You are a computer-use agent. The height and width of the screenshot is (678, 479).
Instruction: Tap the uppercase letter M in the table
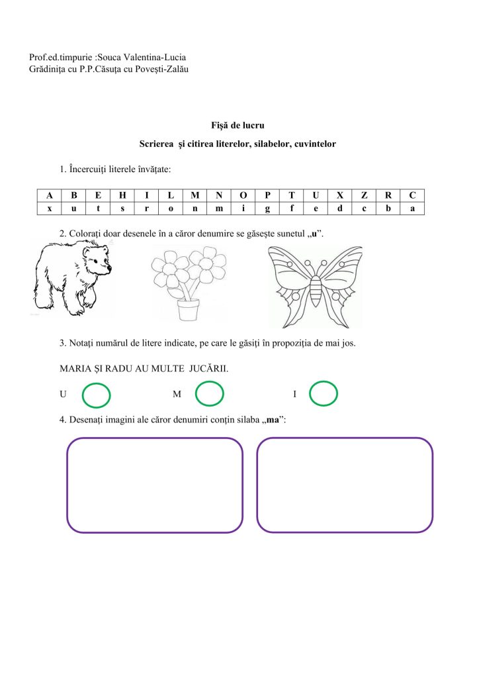pos(195,195)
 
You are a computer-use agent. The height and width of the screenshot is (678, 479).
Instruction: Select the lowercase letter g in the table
pos(267,208)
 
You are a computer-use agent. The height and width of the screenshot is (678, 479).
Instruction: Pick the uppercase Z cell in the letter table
pos(365,195)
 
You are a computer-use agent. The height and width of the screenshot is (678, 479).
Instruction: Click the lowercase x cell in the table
pos(50,208)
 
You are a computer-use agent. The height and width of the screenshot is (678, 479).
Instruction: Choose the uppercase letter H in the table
pos(122,195)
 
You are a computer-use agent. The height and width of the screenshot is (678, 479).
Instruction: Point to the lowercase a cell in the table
pos(412,208)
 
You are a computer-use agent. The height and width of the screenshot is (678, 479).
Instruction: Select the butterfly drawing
pos(315,286)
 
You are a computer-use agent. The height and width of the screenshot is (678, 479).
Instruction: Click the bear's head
pos(97,260)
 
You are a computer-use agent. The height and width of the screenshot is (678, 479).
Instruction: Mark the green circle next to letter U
pos(96,395)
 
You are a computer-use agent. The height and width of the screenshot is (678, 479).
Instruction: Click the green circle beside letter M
pos(210,394)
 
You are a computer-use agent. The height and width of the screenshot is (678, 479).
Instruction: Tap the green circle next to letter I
pos(324,393)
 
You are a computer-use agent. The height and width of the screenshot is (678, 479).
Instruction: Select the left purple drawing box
pos(155,485)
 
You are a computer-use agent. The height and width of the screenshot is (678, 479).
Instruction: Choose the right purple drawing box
pos(344,485)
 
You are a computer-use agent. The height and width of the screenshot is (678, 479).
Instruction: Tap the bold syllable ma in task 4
pos(273,419)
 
